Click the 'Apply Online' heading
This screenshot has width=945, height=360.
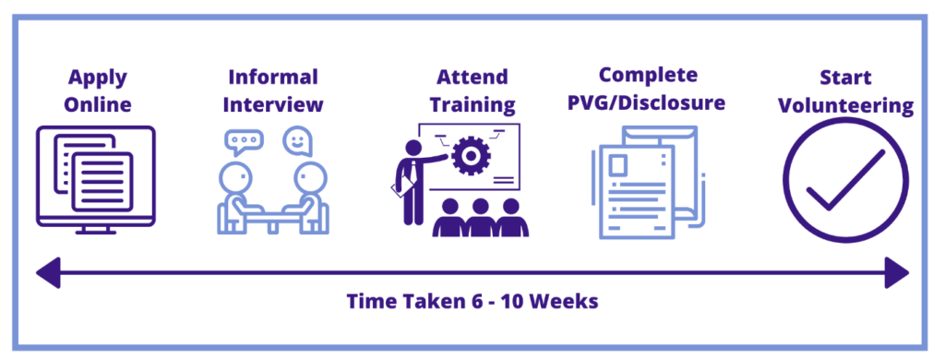(97, 91)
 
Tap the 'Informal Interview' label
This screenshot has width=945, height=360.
(273, 90)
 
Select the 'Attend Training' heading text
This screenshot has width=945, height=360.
(472, 91)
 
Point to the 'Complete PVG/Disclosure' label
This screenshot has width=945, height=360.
(648, 90)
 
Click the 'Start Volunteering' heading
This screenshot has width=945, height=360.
(845, 91)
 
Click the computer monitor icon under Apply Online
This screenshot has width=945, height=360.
(96, 179)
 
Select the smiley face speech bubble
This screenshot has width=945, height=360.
(298, 141)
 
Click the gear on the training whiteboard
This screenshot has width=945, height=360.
(470, 156)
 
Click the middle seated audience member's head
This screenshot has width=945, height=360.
(480, 206)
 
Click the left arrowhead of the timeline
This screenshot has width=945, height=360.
(48, 272)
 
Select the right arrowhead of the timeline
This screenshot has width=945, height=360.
(896, 272)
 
